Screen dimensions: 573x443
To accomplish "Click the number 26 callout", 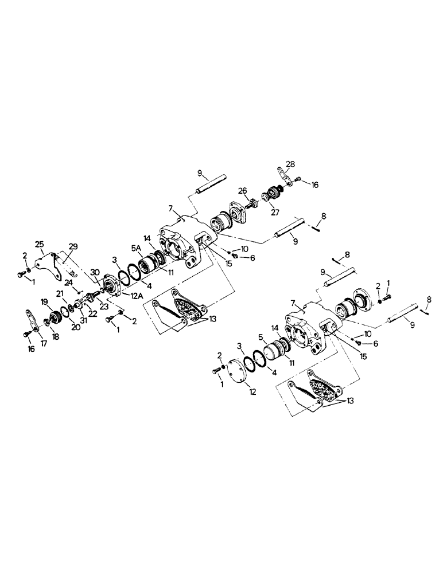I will pyautogui.click(x=243, y=191).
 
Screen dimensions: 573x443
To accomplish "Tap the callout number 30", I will pyautogui.click(x=95, y=272).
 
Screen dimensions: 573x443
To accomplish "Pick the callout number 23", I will pyautogui.click(x=104, y=306).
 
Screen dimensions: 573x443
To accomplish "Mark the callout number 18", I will pyautogui.click(x=55, y=337).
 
